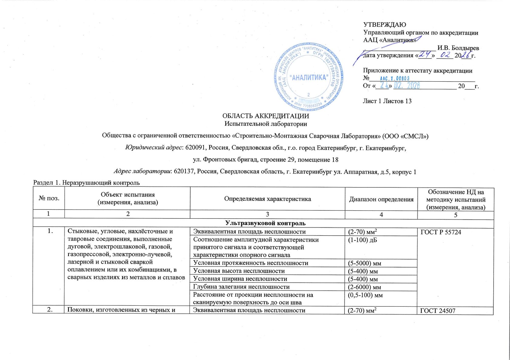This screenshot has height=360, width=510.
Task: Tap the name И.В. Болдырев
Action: pyautogui.click(x=458, y=48)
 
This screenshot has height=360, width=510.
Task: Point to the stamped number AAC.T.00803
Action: pyautogui.click(x=394, y=78)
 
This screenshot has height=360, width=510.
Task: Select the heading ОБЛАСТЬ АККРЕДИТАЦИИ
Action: pyautogui.click(x=266, y=116)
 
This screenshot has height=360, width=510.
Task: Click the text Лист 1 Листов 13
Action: pyautogui.click(x=387, y=101)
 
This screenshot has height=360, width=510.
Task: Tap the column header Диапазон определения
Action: pyautogui.click(x=381, y=199)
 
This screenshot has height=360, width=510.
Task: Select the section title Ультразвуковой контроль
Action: pyautogui.click(x=265, y=223)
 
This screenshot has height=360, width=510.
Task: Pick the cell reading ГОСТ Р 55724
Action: pyautogui.click(x=440, y=232)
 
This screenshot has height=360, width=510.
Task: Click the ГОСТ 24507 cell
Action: pyautogui.click(x=437, y=311)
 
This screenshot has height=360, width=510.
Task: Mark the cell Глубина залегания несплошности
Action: pyautogui.click(x=241, y=287)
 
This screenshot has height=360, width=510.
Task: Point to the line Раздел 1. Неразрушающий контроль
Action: pyautogui.click(x=87, y=183)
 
